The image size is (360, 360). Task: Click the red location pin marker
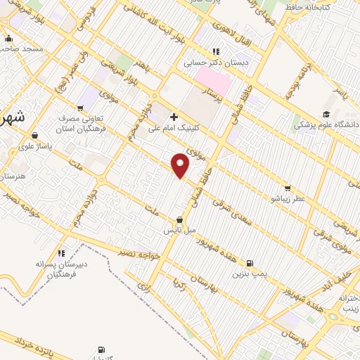click(x=181, y=165)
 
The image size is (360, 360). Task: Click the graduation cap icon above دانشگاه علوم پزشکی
click(x=326, y=115)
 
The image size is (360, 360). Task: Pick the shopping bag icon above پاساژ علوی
click(x=34, y=135)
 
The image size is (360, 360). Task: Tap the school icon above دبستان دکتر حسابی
click(x=216, y=51)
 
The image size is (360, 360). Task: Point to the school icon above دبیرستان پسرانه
click(x=62, y=252)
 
